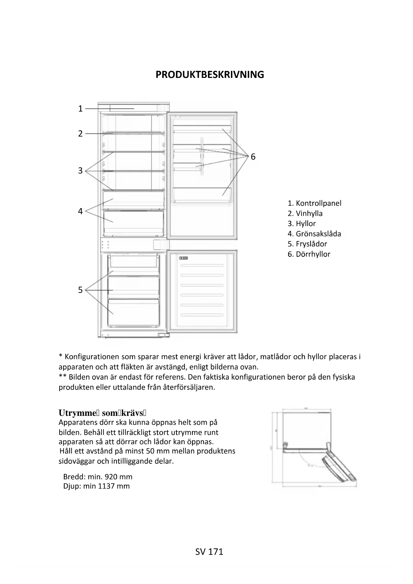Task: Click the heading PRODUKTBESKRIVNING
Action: click(210, 75)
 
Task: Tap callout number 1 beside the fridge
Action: click(80, 109)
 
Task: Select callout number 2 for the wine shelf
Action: click(80, 134)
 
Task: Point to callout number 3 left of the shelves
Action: click(80, 170)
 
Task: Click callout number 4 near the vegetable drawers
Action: click(80, 211)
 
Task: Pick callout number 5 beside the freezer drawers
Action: click(80, 290)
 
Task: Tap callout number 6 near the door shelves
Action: click(253, 156)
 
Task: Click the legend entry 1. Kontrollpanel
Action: click(314, 203)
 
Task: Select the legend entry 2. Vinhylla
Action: click(305, 213)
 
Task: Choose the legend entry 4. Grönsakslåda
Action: click(314, 234)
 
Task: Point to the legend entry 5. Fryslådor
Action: click(308, 244)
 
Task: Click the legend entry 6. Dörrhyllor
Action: click(309, 254)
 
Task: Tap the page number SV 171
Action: click(209, 552)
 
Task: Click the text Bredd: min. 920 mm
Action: click(98, 476)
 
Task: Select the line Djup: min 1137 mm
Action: click(97, 486)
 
